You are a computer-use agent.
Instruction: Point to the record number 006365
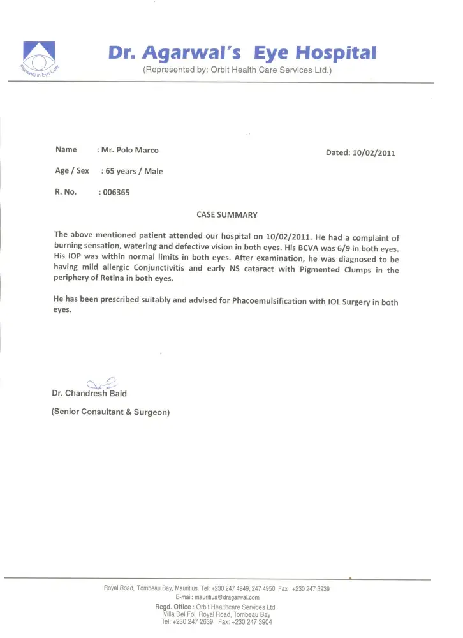tap(116, 192)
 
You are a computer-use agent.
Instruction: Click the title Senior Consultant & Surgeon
tap(110, 412)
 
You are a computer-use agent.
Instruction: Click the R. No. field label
tap(66, 191)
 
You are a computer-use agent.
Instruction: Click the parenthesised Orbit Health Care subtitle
tap(238, 71)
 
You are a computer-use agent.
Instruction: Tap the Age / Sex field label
tap(72, 171)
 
